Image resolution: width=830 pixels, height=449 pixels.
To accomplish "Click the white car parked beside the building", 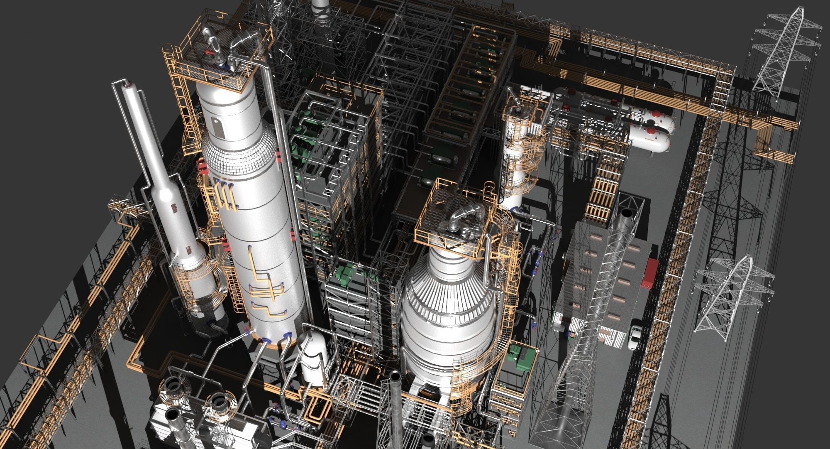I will [634, 337].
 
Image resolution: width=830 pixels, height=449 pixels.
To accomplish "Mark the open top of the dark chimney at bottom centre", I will [395, 376].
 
